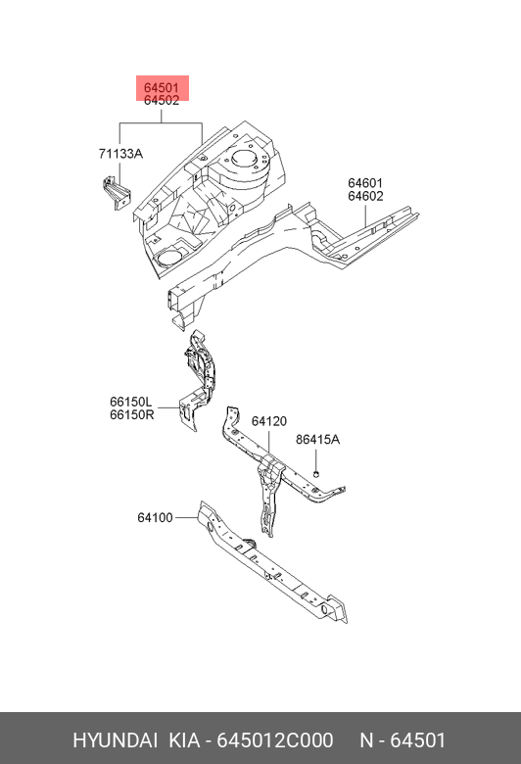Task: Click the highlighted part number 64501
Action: click(162, 88)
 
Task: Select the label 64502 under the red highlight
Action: click(162, 100)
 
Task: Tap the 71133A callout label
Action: click(120, 154)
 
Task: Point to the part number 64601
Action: click(365, 183)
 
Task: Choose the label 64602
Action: click(365, 196)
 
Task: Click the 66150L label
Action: click(130, 402)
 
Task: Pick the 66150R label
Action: click(131, 414)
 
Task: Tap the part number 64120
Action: click(269, 421)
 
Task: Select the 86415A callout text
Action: click(317, 440)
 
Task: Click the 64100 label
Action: click(155, 517)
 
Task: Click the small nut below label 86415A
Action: click(315, 474)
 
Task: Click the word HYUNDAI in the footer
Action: click(115, 740)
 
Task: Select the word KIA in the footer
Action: click(184, 740)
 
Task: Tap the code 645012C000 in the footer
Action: click(275, 740)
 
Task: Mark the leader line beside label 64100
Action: click(186, 517)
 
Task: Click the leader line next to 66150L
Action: click(168, 407)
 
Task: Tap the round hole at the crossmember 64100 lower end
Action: click(323, 609)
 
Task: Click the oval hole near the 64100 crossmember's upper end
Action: click(209, 526)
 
